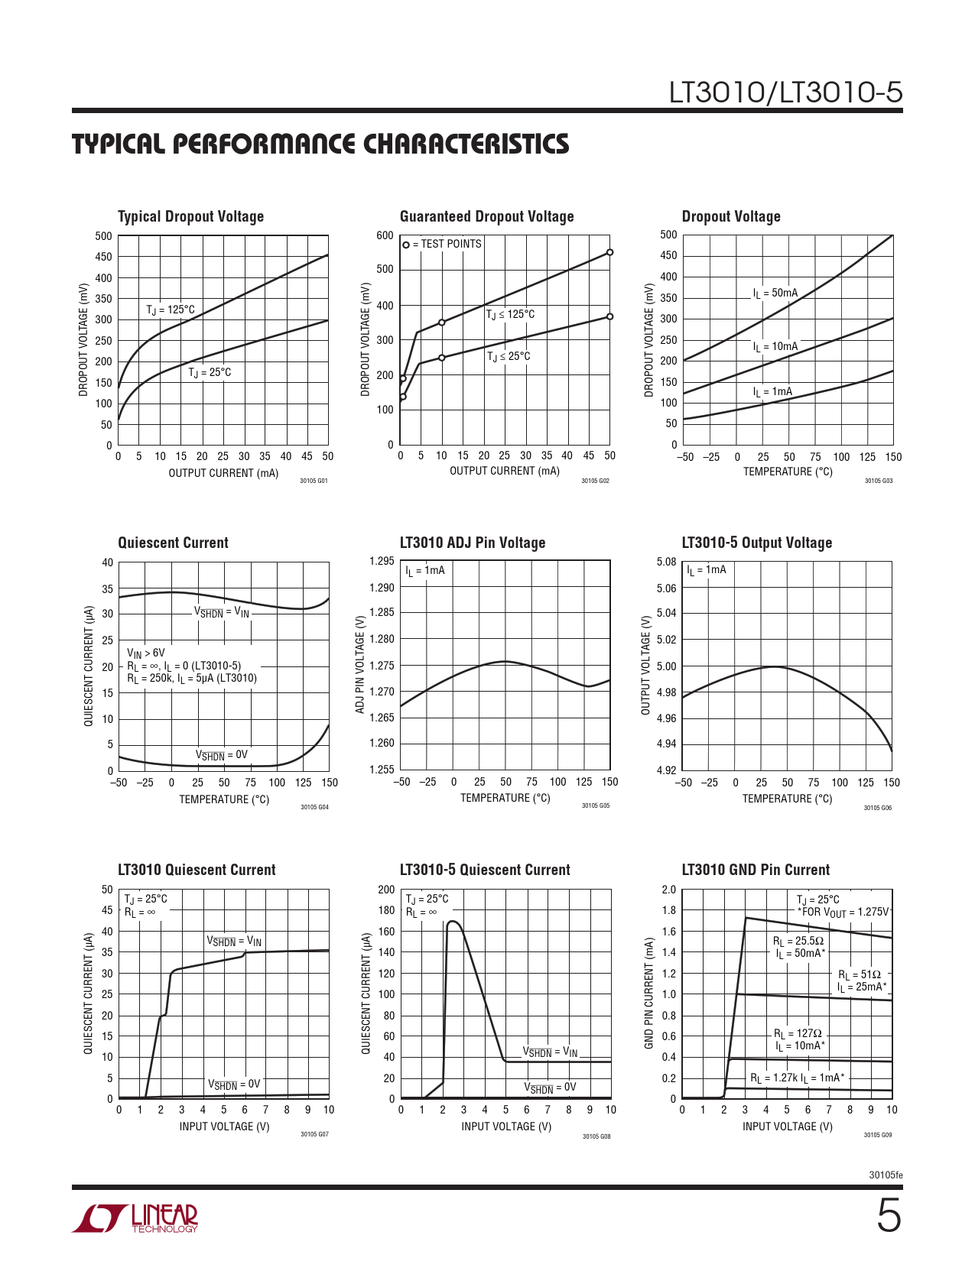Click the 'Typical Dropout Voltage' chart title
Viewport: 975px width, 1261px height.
coord(190,216)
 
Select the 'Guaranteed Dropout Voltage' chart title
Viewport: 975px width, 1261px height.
coord(486,216)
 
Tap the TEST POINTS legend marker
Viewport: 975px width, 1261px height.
coord(406,245)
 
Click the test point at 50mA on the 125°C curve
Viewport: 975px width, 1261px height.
coord(609,252)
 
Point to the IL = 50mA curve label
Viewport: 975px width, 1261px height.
coord(775,293)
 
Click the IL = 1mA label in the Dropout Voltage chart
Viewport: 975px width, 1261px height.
coord(772,392)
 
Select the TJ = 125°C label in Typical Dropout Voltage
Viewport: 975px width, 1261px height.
coord(171,310)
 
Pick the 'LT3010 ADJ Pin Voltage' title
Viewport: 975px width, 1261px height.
coord(472,543)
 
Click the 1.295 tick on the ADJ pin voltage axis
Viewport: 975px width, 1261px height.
coord(382,562)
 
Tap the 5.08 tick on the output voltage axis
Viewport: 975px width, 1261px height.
coord(666,562)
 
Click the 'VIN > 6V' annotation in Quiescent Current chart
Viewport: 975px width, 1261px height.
coord(145,653)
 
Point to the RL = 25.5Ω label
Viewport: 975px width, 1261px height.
coord(798,942)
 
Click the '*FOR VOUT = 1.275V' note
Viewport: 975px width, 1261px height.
coord(843,913)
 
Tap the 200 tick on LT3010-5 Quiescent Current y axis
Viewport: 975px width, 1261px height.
coord(386,890)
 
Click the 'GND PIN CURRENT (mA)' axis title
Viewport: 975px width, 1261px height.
coord(648,994)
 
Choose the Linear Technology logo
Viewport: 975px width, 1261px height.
coord(135,1218)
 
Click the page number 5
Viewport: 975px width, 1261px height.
coord(888,1217)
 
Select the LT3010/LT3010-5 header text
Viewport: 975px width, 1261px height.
coord(785,92)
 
